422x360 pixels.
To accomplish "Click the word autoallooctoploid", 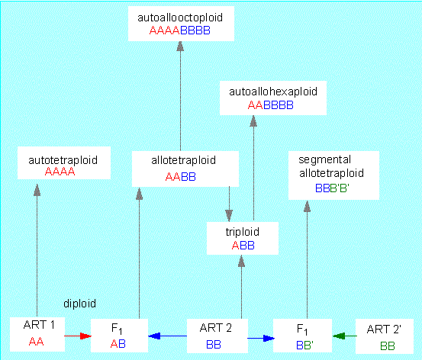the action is coord(180,18).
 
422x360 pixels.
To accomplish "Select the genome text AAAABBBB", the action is coord(180,31).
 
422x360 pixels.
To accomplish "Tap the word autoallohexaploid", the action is coord(273,92).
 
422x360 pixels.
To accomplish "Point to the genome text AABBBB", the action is coord(270,105).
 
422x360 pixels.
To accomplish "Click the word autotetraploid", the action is coord(63,160).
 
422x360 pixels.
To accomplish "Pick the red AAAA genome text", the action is coord(60,172).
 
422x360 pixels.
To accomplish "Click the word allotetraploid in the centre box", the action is coord(184,160).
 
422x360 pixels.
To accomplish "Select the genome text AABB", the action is coord(181,177).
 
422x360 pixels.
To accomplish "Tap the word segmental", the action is coord(325,160).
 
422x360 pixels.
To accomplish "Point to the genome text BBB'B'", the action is coord(332,188).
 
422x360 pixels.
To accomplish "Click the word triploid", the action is coord(243,232).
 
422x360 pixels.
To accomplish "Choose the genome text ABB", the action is coord(243,246).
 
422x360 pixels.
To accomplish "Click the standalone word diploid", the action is coord(79,304).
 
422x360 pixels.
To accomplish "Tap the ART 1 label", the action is coord(39,325).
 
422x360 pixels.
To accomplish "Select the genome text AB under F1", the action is coord(118,343).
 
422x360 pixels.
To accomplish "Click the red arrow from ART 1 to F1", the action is coord(78,336).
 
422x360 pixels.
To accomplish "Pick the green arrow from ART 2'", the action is coord(345,336).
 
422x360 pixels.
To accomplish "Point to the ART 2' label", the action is coord(384,329).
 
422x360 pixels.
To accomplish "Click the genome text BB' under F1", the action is coord(305,345).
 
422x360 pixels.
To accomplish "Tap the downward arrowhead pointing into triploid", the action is coord(229,215).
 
